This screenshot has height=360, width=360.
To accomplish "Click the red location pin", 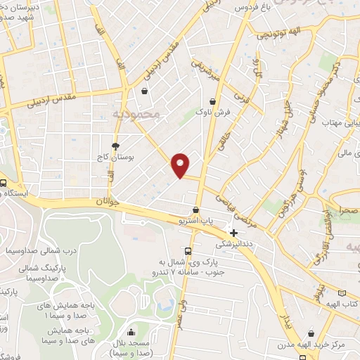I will pos(181,164).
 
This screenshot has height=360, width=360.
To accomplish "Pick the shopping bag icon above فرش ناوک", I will pos(212,101).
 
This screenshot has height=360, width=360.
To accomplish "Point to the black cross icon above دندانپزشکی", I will pos(234,232).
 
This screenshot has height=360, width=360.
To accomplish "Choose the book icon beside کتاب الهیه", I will pos(342,292).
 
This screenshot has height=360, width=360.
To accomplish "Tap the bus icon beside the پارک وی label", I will pos(187,252).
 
